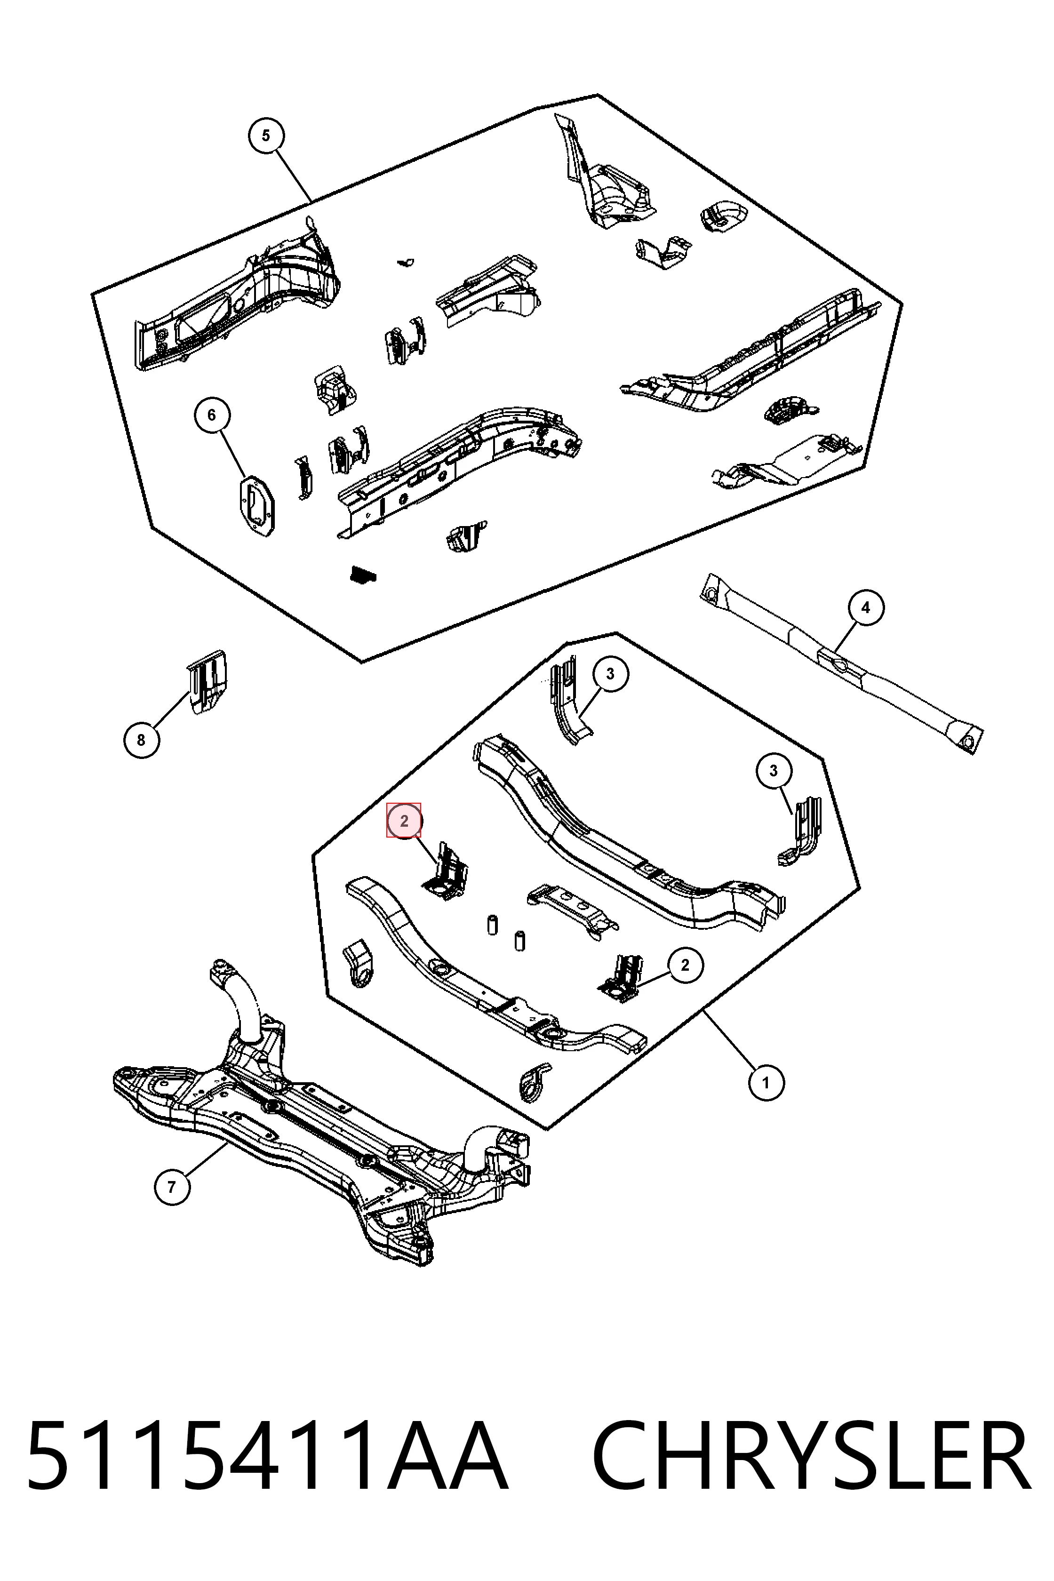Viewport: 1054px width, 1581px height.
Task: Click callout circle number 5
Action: (266, 136)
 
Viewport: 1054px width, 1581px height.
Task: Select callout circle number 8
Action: (141, 740)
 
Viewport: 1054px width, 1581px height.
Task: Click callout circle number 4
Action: (866, 607)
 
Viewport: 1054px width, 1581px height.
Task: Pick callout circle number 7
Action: (172, 1187)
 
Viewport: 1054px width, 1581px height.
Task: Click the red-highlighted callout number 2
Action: (404, 821)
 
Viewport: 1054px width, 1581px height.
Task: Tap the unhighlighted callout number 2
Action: (685, 965)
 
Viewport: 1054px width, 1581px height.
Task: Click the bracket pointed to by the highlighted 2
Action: (444, 871)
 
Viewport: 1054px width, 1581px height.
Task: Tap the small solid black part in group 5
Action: (363, 575)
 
